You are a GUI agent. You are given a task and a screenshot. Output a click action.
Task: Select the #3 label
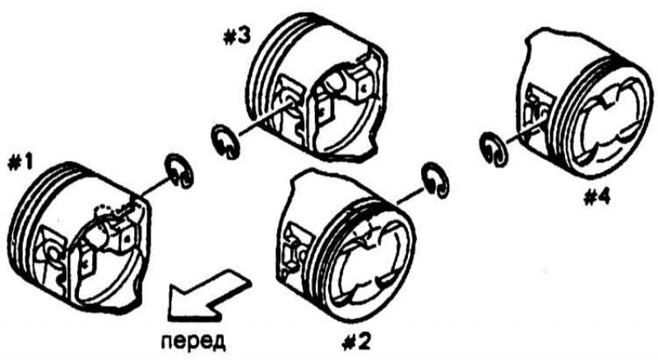[236, 37]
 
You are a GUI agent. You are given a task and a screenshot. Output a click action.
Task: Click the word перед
[193, 341]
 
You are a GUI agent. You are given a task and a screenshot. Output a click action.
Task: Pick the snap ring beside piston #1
[180, 171]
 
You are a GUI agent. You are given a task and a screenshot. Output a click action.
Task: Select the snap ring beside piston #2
[436, 180]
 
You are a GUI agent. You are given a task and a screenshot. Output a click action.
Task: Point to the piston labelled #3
[317, 86]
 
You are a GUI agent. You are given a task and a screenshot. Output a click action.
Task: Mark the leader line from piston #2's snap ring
[410, 196]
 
